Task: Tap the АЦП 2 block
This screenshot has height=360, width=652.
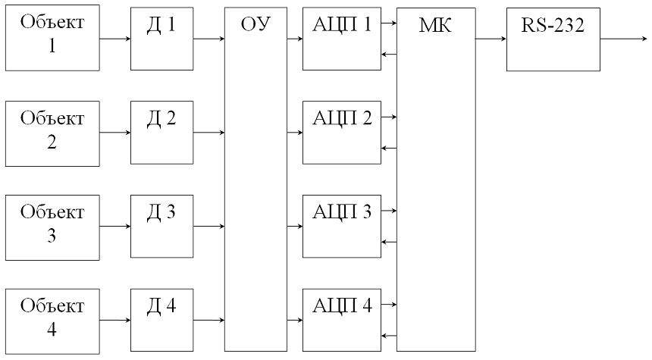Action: click(341, 132)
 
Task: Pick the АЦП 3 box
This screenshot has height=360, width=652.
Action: click(341, 226)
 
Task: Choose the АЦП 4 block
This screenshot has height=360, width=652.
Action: click(341, 320)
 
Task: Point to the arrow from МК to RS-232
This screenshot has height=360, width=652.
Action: click(491, 39)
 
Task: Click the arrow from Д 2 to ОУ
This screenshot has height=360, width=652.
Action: click(208, 133)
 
